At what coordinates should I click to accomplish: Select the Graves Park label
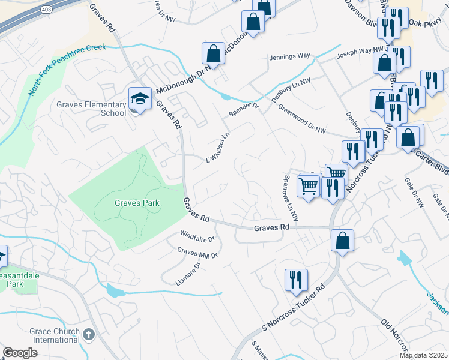[137, 203]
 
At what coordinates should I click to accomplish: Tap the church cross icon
[89, 334]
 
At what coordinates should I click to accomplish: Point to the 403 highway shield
[46, 10]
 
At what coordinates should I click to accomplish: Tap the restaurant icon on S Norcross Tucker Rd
[296, 280]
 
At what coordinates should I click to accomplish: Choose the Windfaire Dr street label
[197, 233]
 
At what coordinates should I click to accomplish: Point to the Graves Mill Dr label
[197, 252]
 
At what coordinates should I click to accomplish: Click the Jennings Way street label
[291, 56]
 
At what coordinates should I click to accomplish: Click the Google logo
[20, 353]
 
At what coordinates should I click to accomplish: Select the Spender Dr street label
[243, 110]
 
